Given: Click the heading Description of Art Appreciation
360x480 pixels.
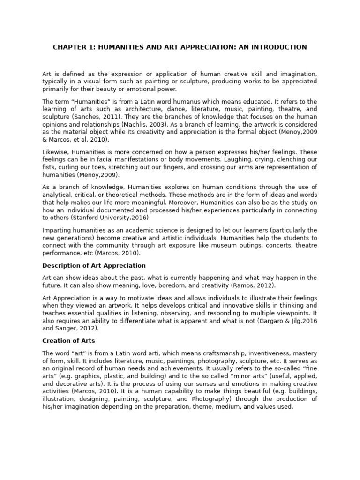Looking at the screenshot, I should [94, 266].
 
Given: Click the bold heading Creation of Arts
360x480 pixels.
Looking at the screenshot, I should [69, 341].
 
